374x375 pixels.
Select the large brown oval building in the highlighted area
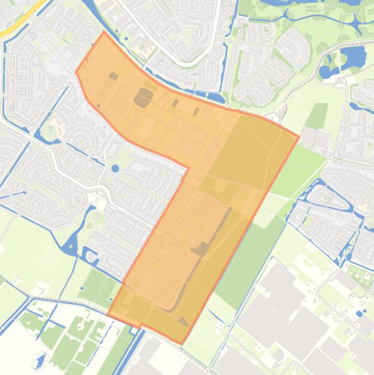click(x=143, y=97)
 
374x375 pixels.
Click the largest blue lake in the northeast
click(x=353, y=56)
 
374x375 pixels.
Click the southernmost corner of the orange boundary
click(x=182, y=343)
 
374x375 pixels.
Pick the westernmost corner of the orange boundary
click(x=76, y=72)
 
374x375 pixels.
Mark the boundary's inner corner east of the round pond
click(x=189, y=168)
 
